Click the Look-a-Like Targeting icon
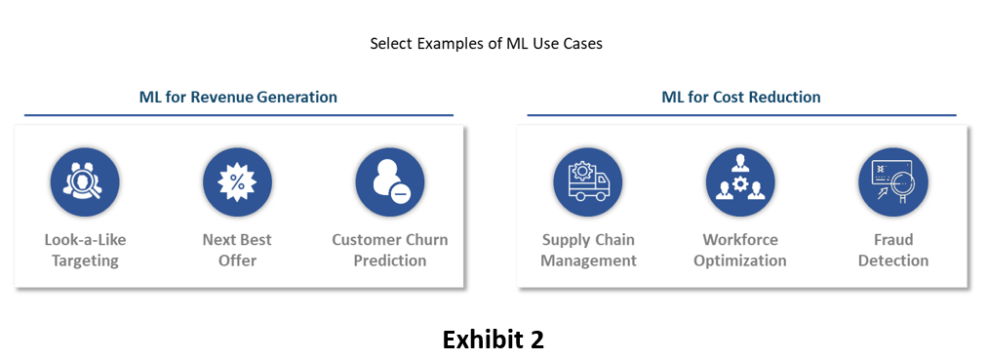(x=84, y=182)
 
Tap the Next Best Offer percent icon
(x=237, y=182)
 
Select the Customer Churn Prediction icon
(x=390, y=182)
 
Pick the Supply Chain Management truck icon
(x=588, y=182)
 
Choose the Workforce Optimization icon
(x=740, y=182)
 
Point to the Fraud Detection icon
(x=893, y=182)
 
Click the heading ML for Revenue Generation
(x=238, y=97)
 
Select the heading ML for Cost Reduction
(x=741, y=97)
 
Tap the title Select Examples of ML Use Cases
(x=486, y=44)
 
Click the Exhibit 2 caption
(x=493, y=340)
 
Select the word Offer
(x=237, y=260)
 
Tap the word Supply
(x=564, y=240)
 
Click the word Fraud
(x=893, y=240)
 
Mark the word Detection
(x=893, y=260)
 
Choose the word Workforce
(x=740, y=240)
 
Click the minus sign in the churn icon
(x=400, y=195)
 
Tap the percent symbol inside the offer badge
(x=237, y=182)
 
